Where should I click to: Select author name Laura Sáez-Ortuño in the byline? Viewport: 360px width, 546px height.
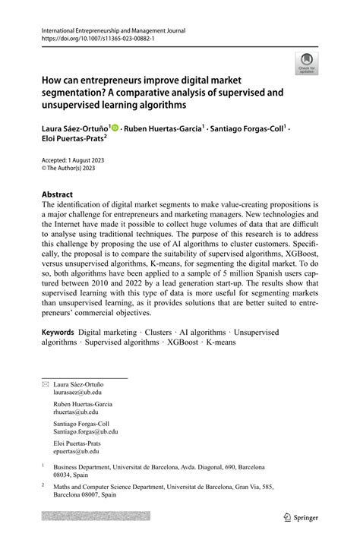pos(74,130)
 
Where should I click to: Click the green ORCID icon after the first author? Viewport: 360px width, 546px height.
pos(114,130)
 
